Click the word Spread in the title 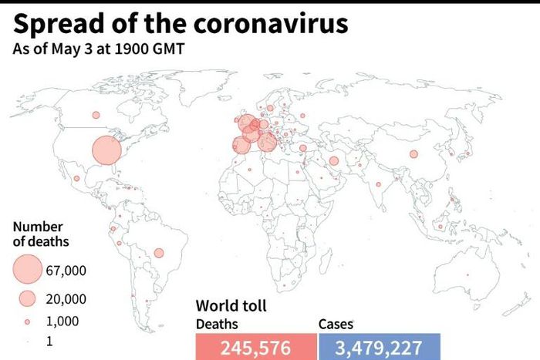pyautogui.click(x=52, y=25)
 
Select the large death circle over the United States pyautogui.click(x=107, y=150)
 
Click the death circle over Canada pyautogui.click(x=96, y=115)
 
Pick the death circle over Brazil pyautogui.click(x=159, y=253)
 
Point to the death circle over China pyautogui.click(x=413, y=154)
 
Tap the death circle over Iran pyautogui.click(x=334, y=161)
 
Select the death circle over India pyautogui.click(x=379, y=184)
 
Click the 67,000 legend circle pyautogui.click(x=28, y=269)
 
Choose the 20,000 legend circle pyautogui.click(x=28, y=299)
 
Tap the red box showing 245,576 pyautogui.click(x=255, y=347)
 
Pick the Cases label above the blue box pyautogui.click(x=336, y=325)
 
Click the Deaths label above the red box pyautogui.click(x=217, y=325)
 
